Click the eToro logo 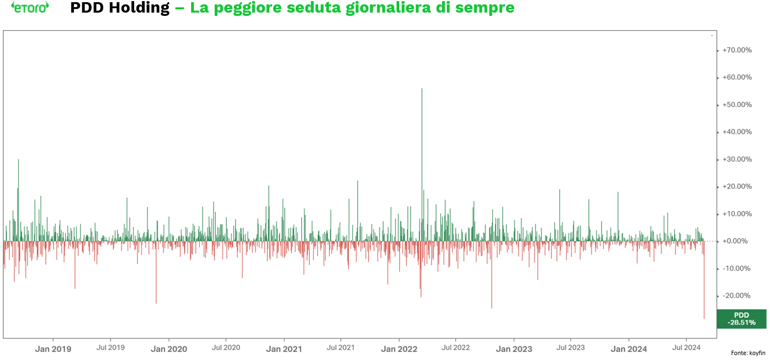[x=30, y=8]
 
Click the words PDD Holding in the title [x=120, y=8]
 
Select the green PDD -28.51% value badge [x=741, y=319]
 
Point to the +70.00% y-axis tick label [x=737, y=50]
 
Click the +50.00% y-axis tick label [x=737, y=105]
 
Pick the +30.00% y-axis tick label [x=737, y=159]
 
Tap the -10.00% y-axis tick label [x=737, y=268]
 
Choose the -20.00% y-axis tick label [x=737, y=296]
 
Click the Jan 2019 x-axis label [x=53, y=349]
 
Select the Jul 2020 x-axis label [x=226, y=347]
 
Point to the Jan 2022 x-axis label [x=399, y=349]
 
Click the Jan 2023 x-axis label [x=514, y=349]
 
